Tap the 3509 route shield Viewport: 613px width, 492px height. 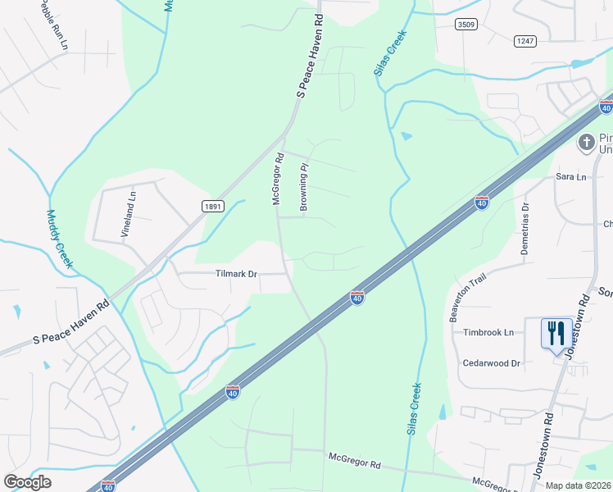point(467,25)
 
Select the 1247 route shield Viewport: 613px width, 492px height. point(524,40)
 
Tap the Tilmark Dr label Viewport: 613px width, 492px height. point(237,274)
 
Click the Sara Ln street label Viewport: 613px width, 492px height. point(571,177)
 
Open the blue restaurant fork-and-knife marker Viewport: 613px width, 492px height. point(556,334)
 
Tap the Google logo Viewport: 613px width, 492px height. point(27,482)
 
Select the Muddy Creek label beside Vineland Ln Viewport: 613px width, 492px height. point(59,239)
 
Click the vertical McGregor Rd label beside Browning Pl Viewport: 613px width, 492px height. point(277,178)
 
